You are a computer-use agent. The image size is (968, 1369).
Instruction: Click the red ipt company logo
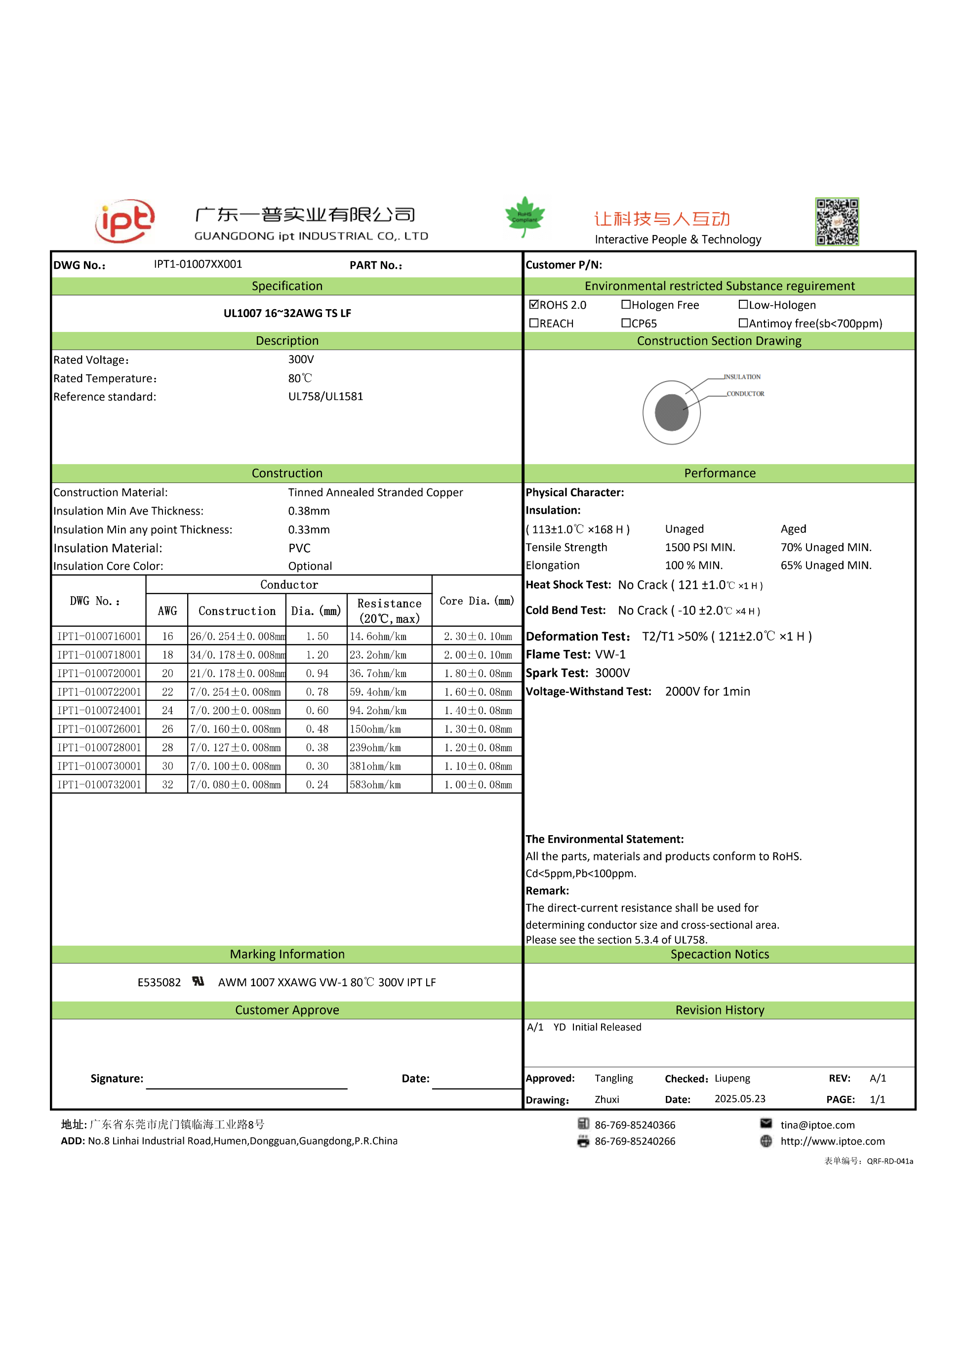[x=125, y=221]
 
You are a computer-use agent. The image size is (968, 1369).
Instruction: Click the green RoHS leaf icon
[x=524, y=216]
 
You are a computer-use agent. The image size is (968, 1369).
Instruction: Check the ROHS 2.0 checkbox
[x=534, y=304]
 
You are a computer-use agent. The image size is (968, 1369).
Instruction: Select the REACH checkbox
[x=534, y=322]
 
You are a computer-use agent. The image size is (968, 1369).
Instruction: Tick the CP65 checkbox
[x=626, y=322]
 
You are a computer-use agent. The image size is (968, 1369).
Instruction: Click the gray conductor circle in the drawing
[x=672, y=412]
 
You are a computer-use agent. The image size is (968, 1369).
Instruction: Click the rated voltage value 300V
[x=301, y=359]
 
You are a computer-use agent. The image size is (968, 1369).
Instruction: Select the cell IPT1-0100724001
[x=99, y=710]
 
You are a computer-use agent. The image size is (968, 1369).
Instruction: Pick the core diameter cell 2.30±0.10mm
[x=477, y=636]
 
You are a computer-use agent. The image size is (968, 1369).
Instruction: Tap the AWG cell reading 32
[x=167, y=785]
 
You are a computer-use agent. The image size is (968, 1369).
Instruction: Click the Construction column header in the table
[x=237, y=610]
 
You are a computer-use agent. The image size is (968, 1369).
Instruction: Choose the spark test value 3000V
[x=612, y=673]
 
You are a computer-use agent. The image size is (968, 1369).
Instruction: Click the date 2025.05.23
[x=739, y=1098]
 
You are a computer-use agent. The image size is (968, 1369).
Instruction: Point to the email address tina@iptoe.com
[x=817, y=1125]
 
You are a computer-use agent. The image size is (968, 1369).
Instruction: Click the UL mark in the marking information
[x=198, y=981]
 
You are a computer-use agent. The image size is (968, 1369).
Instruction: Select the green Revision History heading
[x=719, y=1009]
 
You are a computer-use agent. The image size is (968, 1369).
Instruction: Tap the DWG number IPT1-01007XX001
[x=198, y=264]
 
